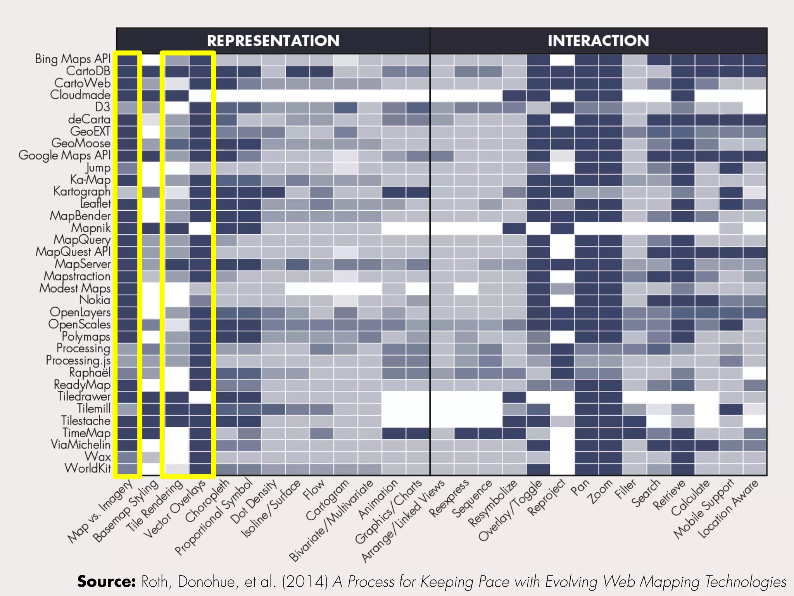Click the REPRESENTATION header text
click(273, 41)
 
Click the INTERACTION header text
click(598, 41)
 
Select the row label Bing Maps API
click(73, 59)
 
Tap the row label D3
click(103, 107)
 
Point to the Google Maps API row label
click(65, 155)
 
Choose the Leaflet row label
click(95, 203)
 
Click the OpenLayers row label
click(80, 312)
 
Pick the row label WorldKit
click(88, 468)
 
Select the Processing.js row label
click(78, 360)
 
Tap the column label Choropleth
click(207, 501)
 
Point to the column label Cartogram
click(328, 501)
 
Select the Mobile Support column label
click(704, 509)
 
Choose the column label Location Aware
click(728, 509)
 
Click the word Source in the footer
click(106, 582)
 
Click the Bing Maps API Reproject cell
click(562, 59)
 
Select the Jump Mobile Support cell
click(731, 168)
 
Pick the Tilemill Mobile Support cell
click(731, 409)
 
